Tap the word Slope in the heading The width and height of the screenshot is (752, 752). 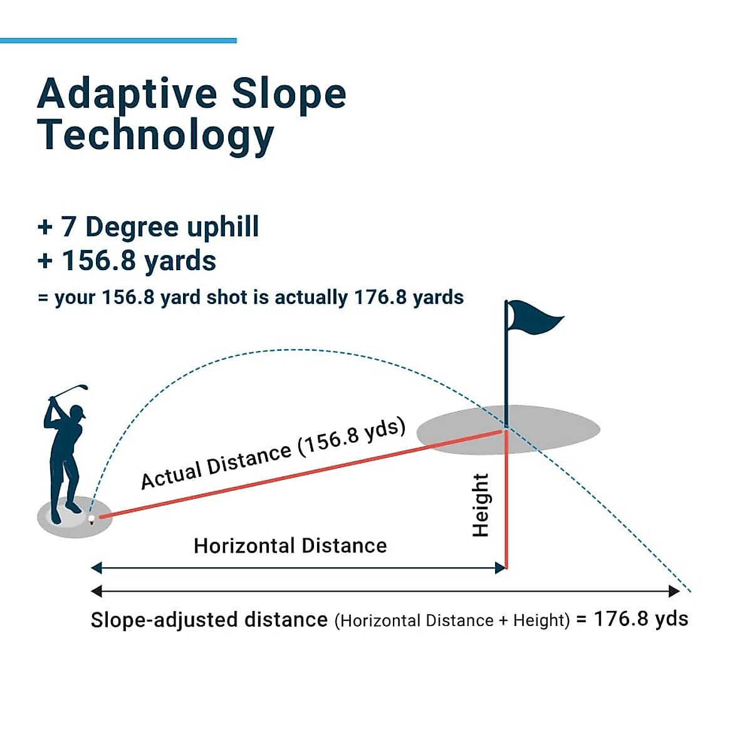click(289, 94)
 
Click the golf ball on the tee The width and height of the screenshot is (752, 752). click(91, 519)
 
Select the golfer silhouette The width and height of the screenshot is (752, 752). click(63, 457)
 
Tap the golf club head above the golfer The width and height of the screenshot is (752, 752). click(83, 388)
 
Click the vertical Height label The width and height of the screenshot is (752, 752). click(481, 505)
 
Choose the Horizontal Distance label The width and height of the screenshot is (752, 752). click(290, 546)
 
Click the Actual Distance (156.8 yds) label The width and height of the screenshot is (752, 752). click(273, 454)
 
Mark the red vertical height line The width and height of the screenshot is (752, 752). click(506, 501)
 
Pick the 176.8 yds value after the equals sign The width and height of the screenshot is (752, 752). click(640, 619)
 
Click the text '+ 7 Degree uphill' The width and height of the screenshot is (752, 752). click(148, 227)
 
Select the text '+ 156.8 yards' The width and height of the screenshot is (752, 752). click(127, 261)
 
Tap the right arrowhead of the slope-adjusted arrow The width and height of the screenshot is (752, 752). click(674, 591)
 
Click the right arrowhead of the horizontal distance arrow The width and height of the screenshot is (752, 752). click(500, 568)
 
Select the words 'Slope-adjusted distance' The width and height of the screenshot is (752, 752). click(209, 620)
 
